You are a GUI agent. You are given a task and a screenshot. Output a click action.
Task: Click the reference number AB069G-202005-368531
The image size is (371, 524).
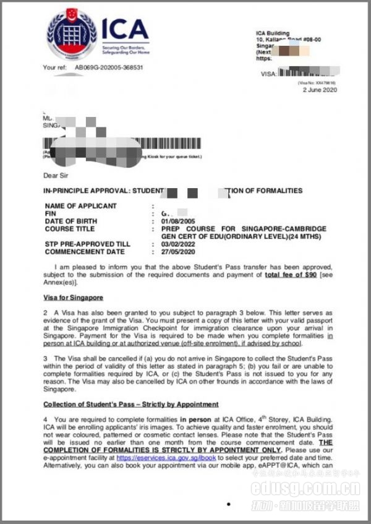(x=109, y=67)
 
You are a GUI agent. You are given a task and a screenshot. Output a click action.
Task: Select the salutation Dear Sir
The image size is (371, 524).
(x=56, y=174)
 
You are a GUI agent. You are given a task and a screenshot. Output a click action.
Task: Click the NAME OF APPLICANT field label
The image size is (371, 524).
(x=80, y=206)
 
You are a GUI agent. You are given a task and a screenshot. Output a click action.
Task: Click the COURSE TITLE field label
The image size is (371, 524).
(x=70, y=229)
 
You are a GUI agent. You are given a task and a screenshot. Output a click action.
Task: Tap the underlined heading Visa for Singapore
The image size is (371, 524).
(x=73, y=298)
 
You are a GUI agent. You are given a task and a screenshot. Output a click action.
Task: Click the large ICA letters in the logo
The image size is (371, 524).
(x=126, y=29)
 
